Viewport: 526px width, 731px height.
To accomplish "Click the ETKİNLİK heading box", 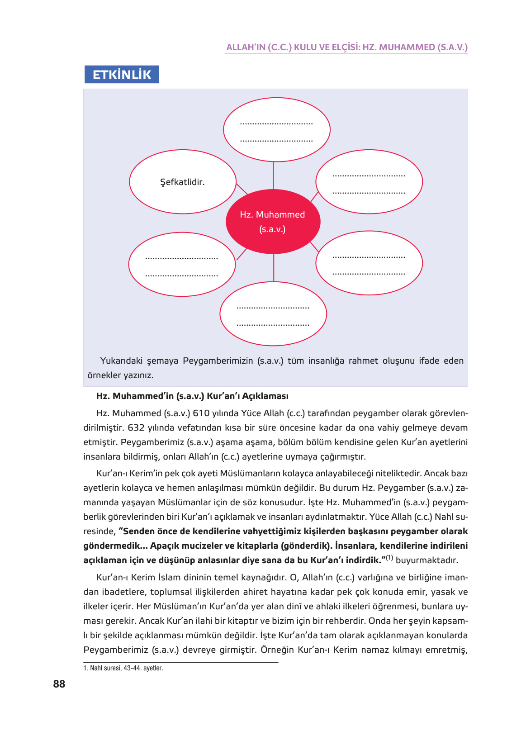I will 121,75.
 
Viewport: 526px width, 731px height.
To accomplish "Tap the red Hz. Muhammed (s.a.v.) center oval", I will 273,222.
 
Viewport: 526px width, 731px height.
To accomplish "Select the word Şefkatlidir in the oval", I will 182,182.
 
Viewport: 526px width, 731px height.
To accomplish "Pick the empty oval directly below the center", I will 273,314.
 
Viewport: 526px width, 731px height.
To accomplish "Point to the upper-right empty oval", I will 369,182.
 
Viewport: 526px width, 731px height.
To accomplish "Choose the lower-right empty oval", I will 369,263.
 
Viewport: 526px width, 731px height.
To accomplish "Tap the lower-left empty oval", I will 182,265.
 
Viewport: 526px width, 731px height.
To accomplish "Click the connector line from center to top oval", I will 273,176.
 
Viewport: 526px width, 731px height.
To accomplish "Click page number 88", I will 59,684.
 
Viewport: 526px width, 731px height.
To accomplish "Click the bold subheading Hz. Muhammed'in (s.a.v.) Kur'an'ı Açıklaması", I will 192,396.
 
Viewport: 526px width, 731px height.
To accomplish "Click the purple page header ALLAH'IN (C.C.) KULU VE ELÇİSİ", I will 346,47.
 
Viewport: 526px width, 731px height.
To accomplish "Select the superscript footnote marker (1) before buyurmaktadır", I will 389,558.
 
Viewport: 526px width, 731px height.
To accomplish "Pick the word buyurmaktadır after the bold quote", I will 426,560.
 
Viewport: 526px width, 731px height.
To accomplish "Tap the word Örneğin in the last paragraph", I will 277,650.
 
